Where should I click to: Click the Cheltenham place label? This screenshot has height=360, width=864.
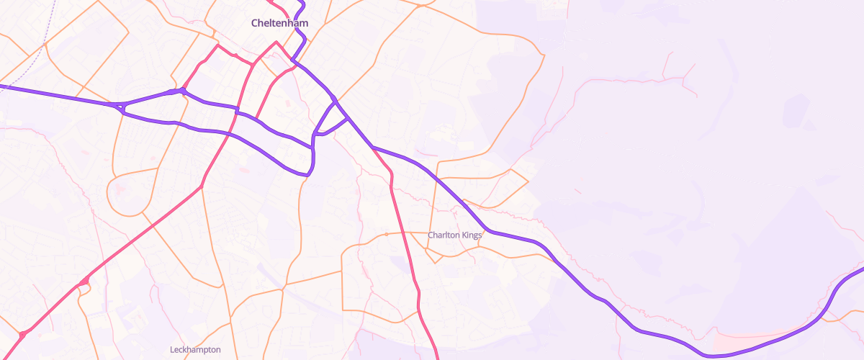pos(279,23)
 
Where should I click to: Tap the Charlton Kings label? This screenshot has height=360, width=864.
pos(454,235)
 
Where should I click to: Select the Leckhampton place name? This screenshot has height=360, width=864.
pos(195,350)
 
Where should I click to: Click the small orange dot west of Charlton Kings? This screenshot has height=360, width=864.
pos(386,234)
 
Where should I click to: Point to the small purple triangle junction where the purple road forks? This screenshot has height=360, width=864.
pos(119,108)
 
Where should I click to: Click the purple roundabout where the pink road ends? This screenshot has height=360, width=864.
pos(184,91)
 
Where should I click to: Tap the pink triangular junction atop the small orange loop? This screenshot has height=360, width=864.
pos(86,281)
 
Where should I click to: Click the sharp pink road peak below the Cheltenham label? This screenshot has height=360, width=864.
pos(275,42)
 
